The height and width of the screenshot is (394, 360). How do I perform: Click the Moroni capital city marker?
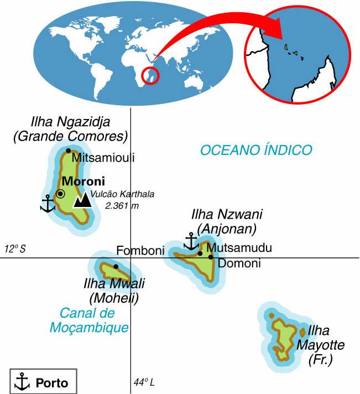(x=60, y=194)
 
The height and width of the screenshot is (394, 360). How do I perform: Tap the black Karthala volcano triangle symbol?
(x=82, y=200)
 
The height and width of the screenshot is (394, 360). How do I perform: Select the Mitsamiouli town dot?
(x=68, y=151)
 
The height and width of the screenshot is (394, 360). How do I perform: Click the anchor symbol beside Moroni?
(x=48, y=204)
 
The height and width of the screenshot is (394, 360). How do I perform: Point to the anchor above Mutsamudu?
(x=191, y=241)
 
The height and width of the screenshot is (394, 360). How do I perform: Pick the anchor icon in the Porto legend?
(x=22, y=381)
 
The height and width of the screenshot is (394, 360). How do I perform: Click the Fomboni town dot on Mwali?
(x=116, y=266)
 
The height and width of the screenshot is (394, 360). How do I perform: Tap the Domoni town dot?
(x=211, y=257)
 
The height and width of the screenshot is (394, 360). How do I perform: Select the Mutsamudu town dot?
(x=200, y=253)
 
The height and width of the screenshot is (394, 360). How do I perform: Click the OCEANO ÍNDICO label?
(x=256, y=149)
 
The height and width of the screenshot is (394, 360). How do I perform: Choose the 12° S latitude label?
(x=16, y=249)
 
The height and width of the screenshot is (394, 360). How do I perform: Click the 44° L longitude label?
(x=144, y=383)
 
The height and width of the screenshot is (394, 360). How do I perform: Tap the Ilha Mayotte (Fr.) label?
(x=321, y=346)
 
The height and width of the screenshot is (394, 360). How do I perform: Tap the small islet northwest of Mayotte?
(x=272, y=315)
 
